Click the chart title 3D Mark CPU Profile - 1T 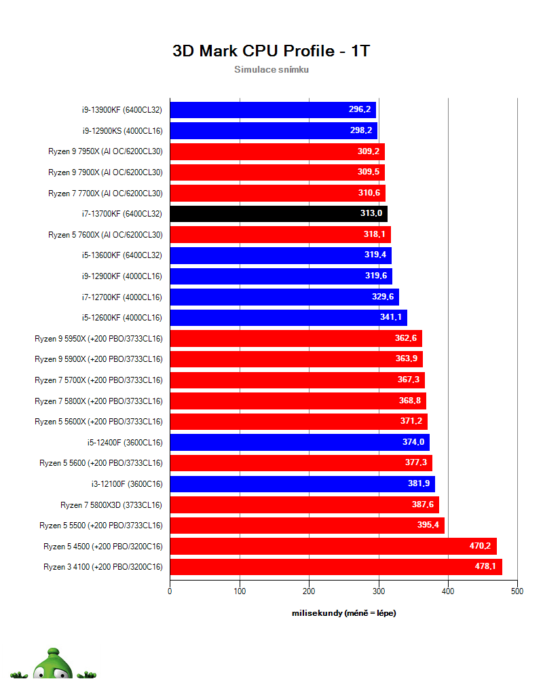tap(271, 51)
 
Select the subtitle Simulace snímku tap(271, 69)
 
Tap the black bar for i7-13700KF tap(278, 214)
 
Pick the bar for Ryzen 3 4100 tap(335, 566)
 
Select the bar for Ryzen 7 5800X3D tap(304, 504)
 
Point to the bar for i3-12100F tap(302, 484)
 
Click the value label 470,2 tap(480, 546)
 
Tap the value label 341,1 tap(391, 317)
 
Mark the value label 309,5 tap(369, 172)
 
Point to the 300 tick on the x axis tap(379, 591)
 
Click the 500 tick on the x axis tap(517, 591)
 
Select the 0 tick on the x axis tap(170, 591)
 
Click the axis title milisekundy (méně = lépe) tap(343, 613)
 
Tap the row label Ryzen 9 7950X tap(105, 151)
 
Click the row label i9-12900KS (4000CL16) tap(121, 130)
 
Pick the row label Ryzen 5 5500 tap(101, 525)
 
